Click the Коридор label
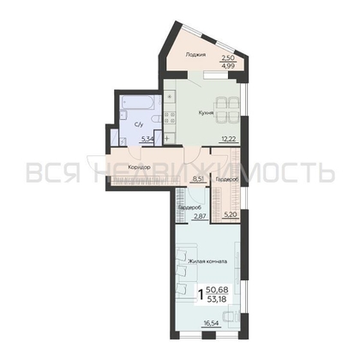click(x=136, y=167)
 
